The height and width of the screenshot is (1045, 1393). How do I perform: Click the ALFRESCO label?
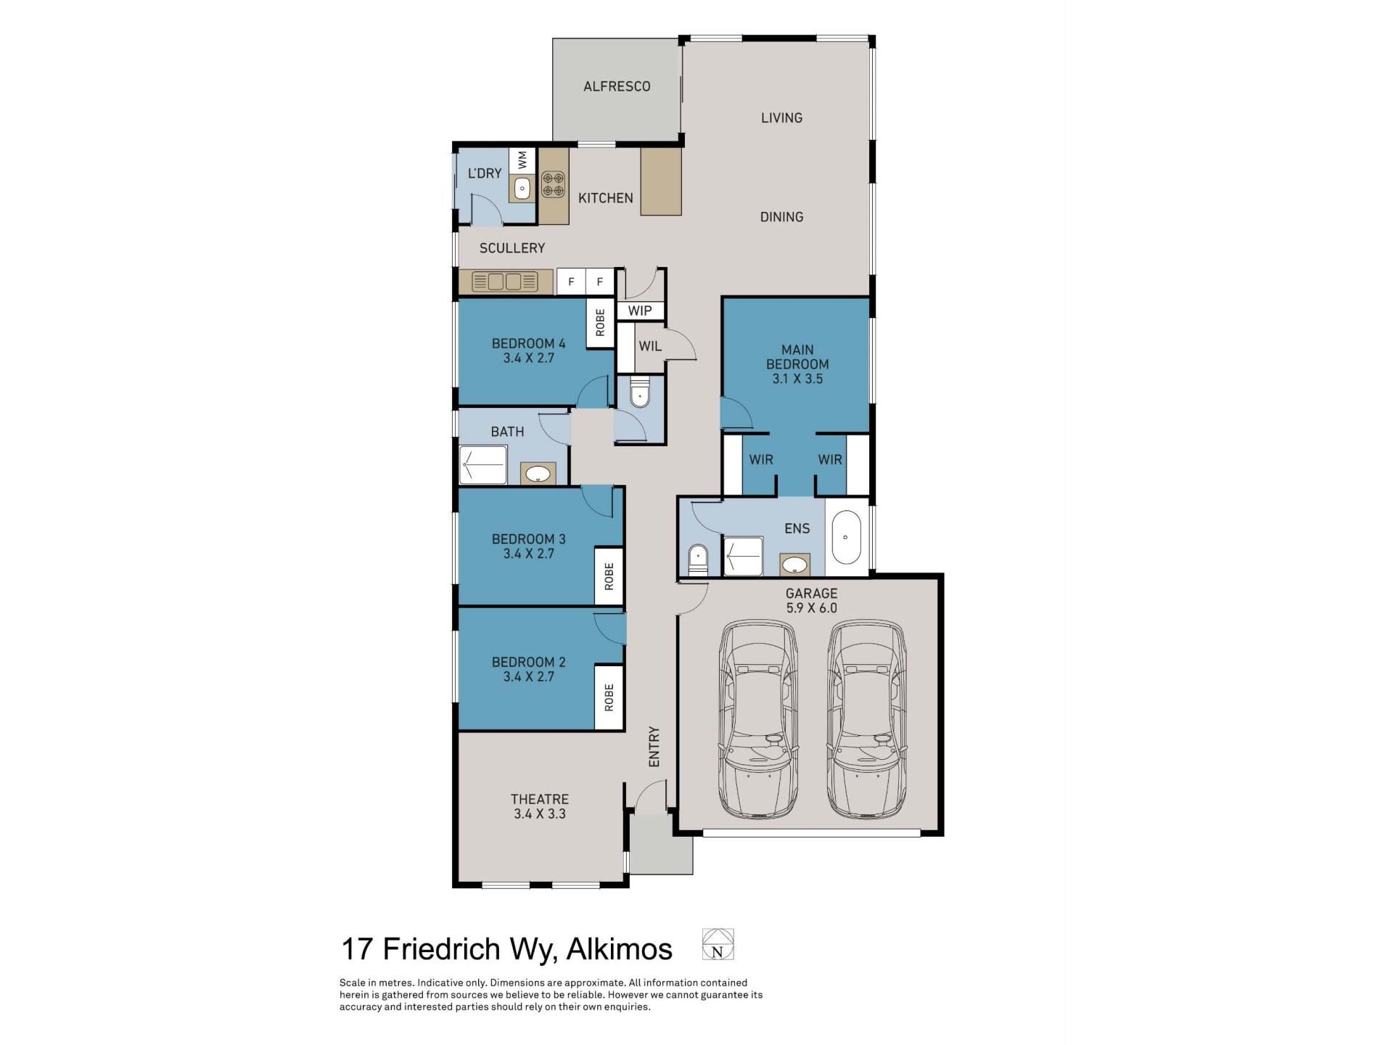coord(617,86)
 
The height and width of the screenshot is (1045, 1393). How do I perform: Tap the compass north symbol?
coord(718,944)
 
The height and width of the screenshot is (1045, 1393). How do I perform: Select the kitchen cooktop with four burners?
coord(553,184)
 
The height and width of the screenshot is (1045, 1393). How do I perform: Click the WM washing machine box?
coord(522,160)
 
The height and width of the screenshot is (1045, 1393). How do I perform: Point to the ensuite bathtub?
coord(845,538)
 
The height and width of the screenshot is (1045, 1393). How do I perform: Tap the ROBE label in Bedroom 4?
coord(600,323)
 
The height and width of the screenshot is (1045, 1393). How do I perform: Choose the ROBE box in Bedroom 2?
coord(609,697)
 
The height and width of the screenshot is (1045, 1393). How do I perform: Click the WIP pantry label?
coord(640,311)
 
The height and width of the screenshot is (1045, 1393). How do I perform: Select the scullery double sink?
coord(504,281)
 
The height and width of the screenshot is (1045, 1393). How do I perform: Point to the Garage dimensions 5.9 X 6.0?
coord(811,608)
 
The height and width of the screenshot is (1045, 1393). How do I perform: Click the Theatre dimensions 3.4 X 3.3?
coord(540,814)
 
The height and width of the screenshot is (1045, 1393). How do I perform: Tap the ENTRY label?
coord(654,747)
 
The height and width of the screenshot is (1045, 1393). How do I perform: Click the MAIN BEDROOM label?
coord(797,357)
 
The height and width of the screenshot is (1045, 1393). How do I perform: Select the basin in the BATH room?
coord(538,474)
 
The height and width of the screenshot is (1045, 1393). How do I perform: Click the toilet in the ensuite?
coord(697,560)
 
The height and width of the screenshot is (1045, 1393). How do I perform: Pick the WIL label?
coord(650,346)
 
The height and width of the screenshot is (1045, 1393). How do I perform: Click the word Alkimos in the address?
coord(619,948)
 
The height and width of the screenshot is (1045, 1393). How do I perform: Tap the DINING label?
coord(781,217)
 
